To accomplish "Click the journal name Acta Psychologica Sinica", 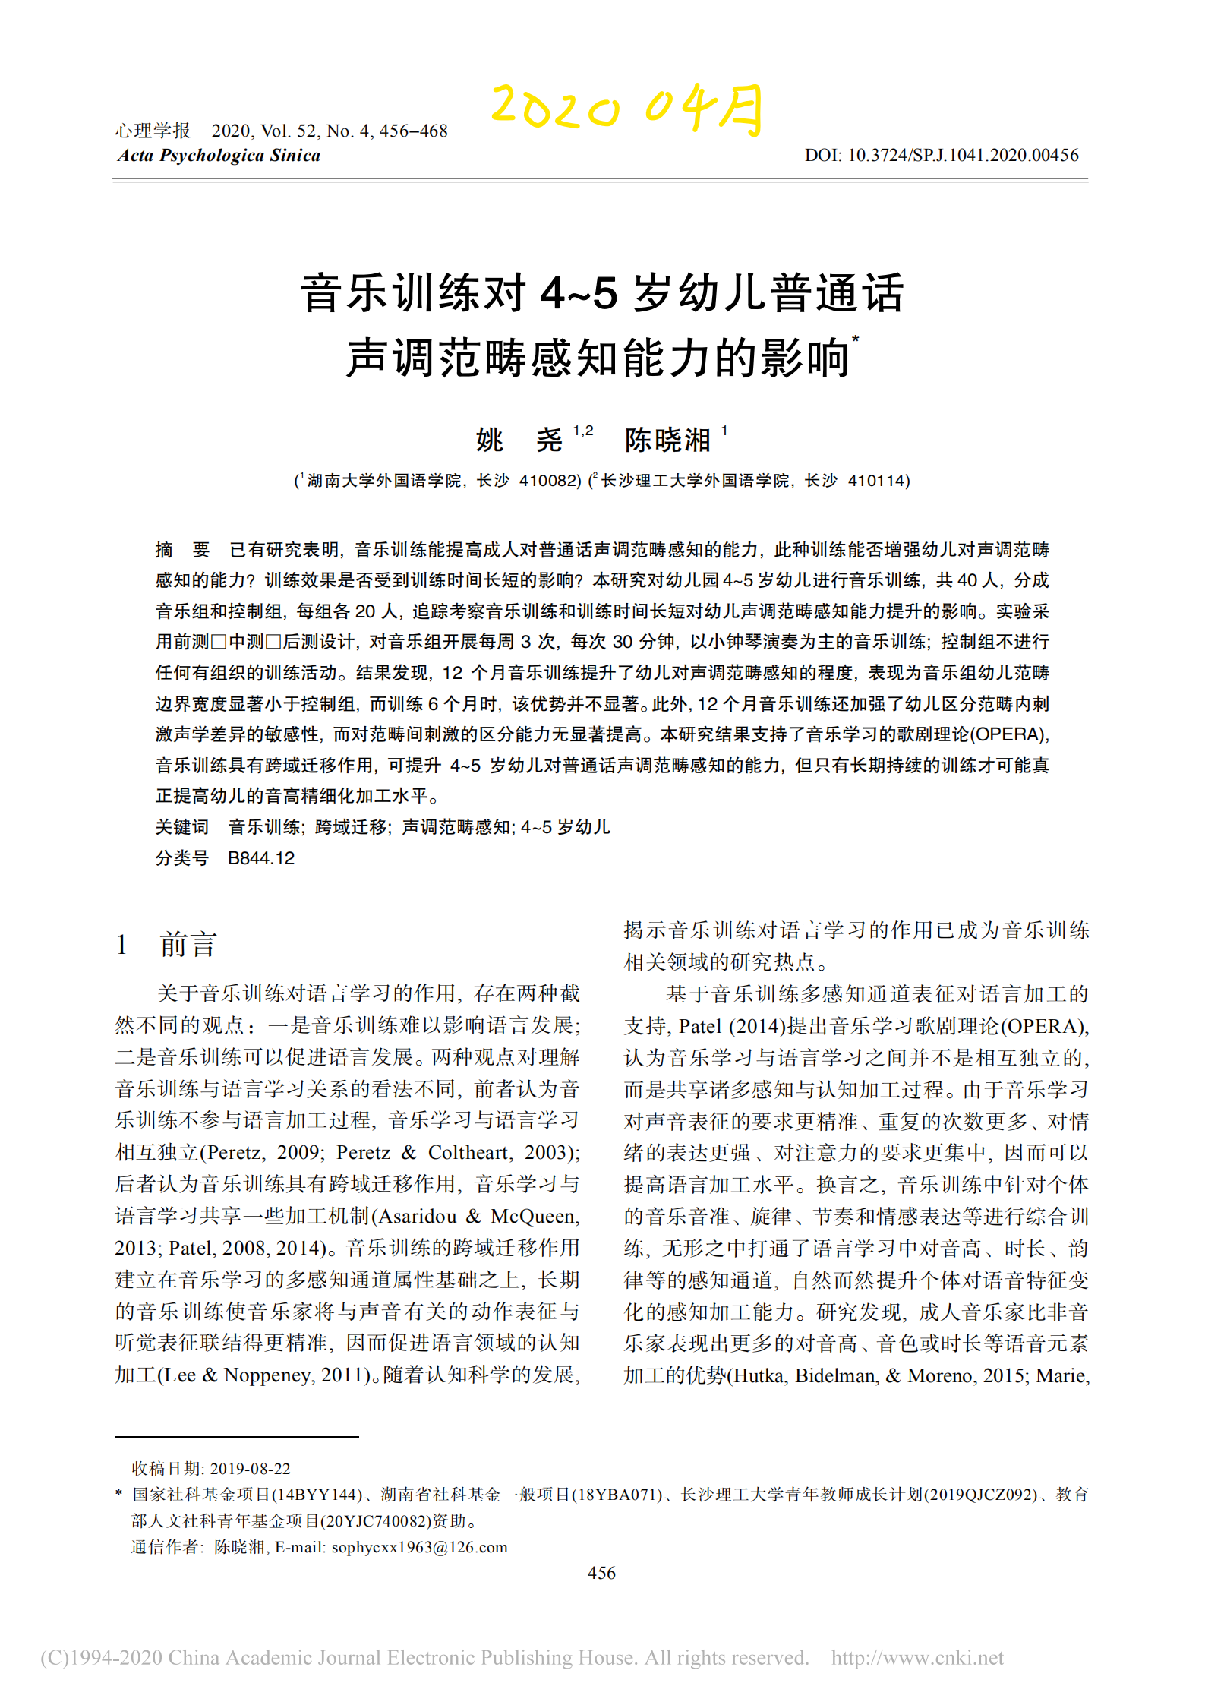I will (x=219, y=156).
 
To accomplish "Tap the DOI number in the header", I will (x=963, y=156).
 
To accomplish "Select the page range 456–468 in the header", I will (x=413, y=131).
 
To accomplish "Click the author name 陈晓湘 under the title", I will (x=667, y=440).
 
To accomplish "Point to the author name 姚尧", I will (x=519, y=440).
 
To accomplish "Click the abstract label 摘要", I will (x=182, y=550).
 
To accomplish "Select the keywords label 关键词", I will (x=182, y=827).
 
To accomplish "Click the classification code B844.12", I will (x=261, y=858).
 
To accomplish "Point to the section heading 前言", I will (x=188, y=945).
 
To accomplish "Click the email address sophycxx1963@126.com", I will (x=420, y=1547).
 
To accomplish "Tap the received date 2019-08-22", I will (x=250, y=1469).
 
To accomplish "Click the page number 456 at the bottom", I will (x=601, y=1573).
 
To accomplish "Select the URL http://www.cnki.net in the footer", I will (x=917, y=1658).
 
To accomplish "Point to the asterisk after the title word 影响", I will (x=856, y=339).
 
